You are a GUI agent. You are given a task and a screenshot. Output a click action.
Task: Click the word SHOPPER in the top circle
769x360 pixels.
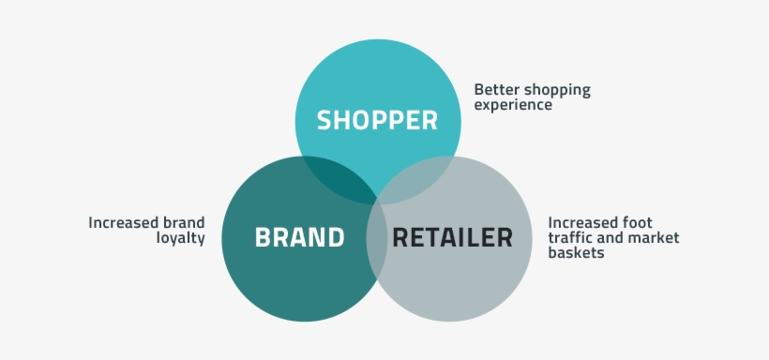click(x=377, y=121)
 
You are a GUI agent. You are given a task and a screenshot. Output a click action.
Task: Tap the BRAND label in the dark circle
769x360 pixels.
click(x=299, y=237)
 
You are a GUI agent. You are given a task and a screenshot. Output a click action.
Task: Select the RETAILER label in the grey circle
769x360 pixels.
click(x=453, y=237)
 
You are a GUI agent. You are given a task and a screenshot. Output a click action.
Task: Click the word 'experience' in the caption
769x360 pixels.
click(x=513, y=106)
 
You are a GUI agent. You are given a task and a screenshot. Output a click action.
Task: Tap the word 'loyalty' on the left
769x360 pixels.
click(x=180, y=238)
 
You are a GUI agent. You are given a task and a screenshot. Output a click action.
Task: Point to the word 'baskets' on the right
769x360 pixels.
click(x=576, y=253)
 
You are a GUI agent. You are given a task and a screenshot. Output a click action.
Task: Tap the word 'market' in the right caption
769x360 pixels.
click(x=654, y=238)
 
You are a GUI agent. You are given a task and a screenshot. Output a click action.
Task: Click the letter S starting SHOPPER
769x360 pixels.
click(x=324, y=121)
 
